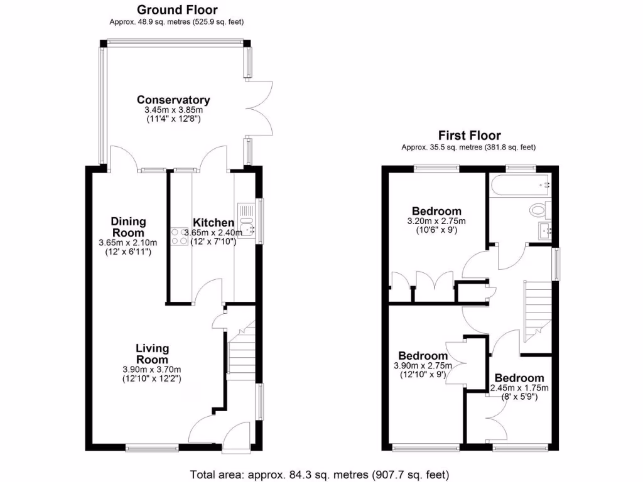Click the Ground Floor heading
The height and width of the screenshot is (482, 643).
(x=177, y=9)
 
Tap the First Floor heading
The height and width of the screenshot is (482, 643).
(x=469, y=135)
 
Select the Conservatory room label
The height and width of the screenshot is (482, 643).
(x=173, y=100)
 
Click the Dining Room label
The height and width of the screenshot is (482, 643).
(x=128, y=227)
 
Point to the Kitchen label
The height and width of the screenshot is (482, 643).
(x=213, y=223)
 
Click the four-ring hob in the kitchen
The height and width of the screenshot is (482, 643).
(x=179, y=236)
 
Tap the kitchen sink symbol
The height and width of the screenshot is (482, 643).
(x=245, y=221)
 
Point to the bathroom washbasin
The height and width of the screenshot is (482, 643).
(x=544, y=231)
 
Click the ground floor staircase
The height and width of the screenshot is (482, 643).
(x=240, y=355)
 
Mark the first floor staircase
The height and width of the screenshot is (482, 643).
(x=537, y=311)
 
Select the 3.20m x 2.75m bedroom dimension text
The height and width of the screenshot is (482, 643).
(x=436, y=222)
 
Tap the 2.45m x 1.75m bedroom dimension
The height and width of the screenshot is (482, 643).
(x=519, y=388)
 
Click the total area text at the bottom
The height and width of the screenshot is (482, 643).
(x=320, y=474)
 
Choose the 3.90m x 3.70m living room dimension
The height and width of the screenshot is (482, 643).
(x=151, y=370)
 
